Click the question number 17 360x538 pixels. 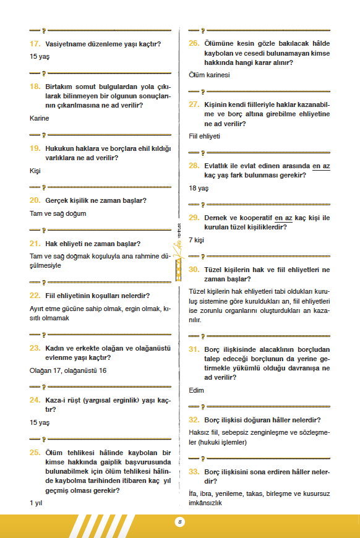pos(35,45)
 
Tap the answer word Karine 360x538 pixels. pos(39,117)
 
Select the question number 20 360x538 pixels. pos(35,200)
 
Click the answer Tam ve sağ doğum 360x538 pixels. pos(58,213)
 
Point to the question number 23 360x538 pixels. pos(35,348)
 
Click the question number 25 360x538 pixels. pos(35,452)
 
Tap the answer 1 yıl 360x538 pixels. pos(35,503)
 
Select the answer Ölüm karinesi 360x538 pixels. pos(209,75)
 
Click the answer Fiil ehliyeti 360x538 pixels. pos(205,136)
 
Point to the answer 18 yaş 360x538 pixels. pos(199,188)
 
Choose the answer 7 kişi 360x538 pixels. pos(197,239)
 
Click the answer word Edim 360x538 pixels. pos(196,390)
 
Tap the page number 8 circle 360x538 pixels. pos(179,522)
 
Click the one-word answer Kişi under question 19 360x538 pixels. pos(35,170)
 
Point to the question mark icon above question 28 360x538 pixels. pos(203,152)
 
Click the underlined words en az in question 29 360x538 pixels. pos(283,218)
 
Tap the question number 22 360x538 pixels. pos(35,296)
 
